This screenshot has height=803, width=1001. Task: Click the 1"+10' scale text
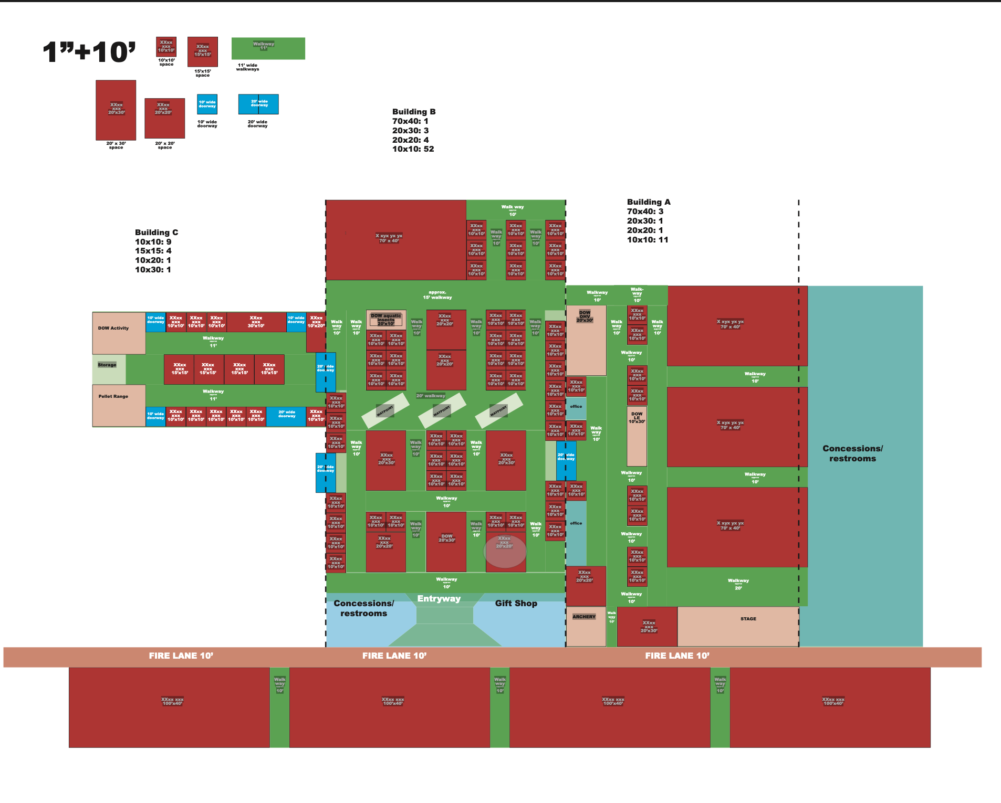point(89,52)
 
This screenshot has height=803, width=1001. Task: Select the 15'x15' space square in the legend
point(203,51)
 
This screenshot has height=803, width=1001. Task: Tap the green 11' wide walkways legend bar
point(268,48)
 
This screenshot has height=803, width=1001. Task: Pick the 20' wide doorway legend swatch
point(258,104)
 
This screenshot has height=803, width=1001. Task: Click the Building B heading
point(414,112)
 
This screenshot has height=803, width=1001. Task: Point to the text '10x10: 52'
point(413,149)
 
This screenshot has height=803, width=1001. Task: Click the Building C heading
point(157,233)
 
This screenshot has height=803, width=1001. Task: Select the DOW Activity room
point(119,333)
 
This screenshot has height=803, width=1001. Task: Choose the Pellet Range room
point(119,405)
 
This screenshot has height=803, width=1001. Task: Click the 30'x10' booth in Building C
point(256,322)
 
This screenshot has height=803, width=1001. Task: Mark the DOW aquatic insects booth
point(386,320)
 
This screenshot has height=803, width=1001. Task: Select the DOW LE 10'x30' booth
point(637,436)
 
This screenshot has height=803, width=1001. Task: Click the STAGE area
point(738,626)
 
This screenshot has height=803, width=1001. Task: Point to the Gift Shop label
point(516,604)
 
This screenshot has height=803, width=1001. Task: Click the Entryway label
point(439,599)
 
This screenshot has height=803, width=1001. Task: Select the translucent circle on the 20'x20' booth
point(505,551)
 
